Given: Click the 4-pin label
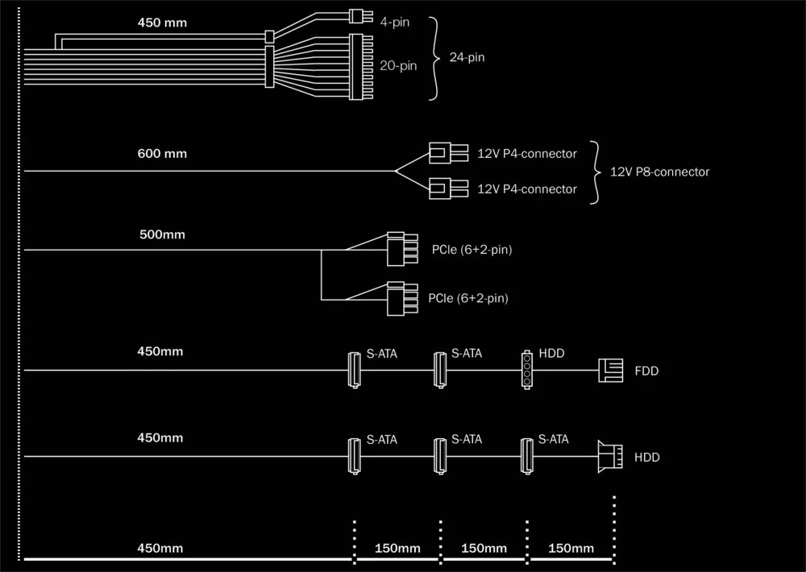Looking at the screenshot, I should [394, 22].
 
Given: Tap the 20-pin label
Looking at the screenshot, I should [398, 66].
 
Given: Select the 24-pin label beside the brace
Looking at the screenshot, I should [467, 58].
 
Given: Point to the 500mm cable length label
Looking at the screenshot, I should [162, 235].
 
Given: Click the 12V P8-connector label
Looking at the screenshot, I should [659, 172].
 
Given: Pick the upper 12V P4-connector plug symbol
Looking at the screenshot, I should [447, 152].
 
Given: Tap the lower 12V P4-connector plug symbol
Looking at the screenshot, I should [447, 189].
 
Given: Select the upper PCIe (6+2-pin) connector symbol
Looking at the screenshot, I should [401, 249].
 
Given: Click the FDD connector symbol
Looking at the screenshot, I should [611, 371].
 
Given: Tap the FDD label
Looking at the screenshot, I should [647, 371].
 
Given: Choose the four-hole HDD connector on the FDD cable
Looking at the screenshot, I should [527, 370].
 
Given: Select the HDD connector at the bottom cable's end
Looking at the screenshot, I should [610, 457].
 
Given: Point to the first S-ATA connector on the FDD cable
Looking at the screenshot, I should [354, 370].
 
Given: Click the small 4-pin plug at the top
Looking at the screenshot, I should [357, 16].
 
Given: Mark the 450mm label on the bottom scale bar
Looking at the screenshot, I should [160, 549].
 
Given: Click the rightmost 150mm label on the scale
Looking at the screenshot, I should [571, 549].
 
